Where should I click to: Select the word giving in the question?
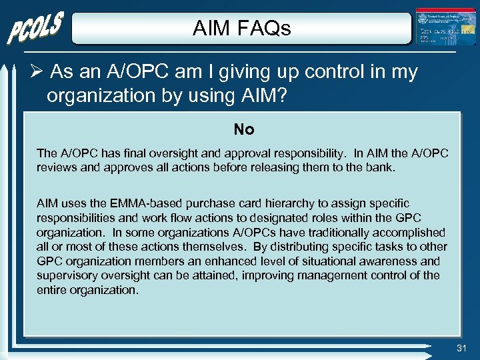point(227,72)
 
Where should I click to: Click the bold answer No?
point(243,129)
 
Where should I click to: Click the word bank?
point(381,167)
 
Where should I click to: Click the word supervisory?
point(68,276)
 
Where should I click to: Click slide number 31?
point(462,347)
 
